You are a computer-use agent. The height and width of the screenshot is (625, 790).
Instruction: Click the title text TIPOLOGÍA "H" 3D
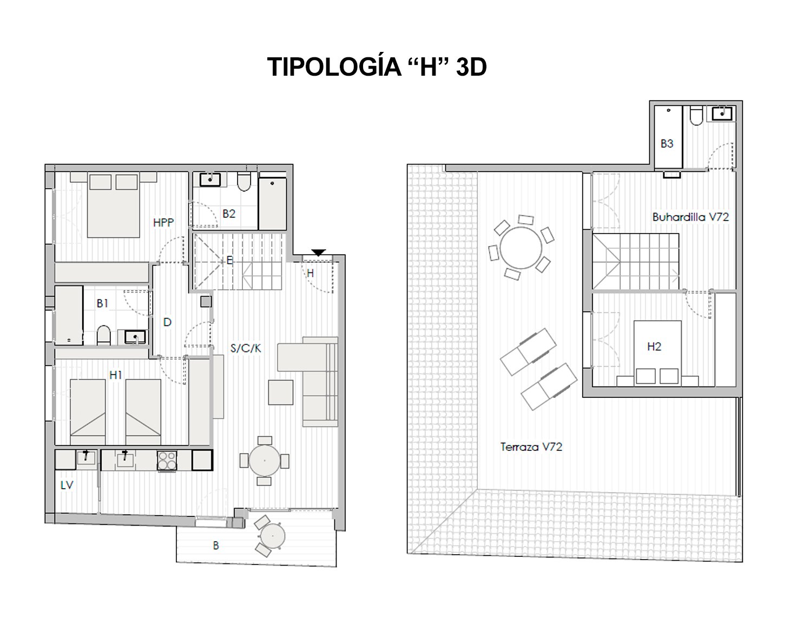(x=377, y=67)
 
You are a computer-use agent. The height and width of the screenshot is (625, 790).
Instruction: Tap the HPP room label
(x=163, y=222)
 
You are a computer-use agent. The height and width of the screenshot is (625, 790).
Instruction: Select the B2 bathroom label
(x=229, y=214)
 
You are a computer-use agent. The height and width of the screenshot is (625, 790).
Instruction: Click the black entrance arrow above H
(x=319, y=252)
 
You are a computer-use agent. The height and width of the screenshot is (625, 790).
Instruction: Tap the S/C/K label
(x=246, y=349)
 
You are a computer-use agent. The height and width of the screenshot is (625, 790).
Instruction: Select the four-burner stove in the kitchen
(x=167, y=460)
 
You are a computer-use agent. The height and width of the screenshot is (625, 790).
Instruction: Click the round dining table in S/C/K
(x=264, y=460)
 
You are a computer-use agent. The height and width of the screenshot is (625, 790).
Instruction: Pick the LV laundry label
(x=67, y=485)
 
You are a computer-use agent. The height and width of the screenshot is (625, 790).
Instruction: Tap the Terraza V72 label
(x=531, y=447)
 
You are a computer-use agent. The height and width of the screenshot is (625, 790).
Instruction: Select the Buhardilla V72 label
(x=690, y=217)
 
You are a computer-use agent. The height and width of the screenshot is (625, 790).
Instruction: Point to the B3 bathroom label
(x=667, y=144)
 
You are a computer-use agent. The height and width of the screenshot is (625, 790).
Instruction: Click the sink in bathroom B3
(x=722, y=114)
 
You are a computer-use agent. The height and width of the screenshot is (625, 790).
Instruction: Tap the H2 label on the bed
(x=654, y=347)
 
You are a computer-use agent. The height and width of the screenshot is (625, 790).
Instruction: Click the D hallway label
(x=167, y=322)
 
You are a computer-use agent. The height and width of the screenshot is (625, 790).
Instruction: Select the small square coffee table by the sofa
(x=281, y=393)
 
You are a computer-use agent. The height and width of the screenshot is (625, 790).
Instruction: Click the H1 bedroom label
(x=116, y=375)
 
